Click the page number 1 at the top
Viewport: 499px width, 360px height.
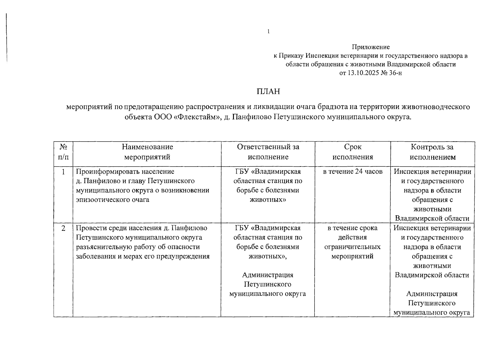tap(269, 31)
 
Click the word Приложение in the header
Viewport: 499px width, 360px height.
tap(371, 47)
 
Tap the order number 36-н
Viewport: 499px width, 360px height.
tap(396, 73)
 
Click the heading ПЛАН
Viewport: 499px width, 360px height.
tap(268, 91)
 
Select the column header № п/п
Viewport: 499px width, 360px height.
tap(63, 152)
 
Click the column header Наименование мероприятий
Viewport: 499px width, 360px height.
tap(147, 152)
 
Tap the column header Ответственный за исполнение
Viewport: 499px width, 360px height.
tap(268, 152)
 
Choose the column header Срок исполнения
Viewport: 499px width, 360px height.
tap(353, 152)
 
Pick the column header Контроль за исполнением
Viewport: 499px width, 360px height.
tap(432, 152)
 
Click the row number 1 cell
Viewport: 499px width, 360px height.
tap(63, 172)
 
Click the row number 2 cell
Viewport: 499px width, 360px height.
tap(63, 228)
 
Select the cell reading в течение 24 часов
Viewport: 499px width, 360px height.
tap(353, 172)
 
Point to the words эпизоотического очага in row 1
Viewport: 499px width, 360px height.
tap(112, 200)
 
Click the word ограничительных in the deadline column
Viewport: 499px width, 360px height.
tap(352, 247)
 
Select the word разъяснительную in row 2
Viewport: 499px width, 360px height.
tap(102, 247)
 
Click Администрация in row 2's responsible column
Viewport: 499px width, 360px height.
tap(268, 275)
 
